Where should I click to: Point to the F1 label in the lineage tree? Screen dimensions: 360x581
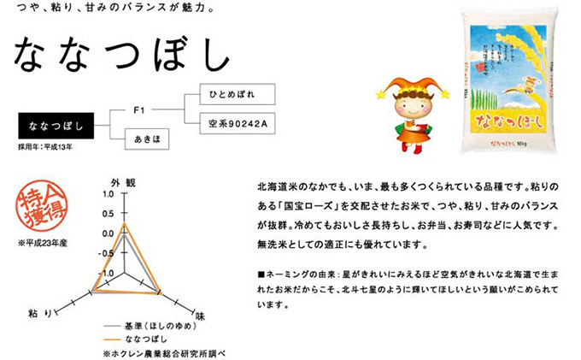point(141,110)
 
